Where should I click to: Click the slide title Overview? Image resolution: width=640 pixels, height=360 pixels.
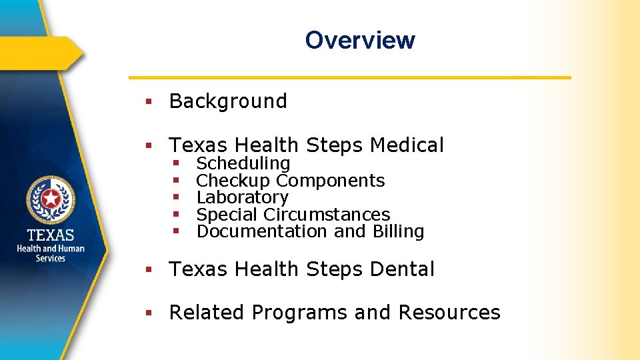pos(360,40)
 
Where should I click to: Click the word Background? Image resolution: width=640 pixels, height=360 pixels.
pos(228,101)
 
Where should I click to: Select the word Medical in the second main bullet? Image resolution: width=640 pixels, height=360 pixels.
pos(407,145)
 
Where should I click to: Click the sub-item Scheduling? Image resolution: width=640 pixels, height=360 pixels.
pos(243,163)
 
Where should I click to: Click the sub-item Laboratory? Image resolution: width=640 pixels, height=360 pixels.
pos(242,197)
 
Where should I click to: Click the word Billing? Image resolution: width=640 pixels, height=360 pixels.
pos(398,231)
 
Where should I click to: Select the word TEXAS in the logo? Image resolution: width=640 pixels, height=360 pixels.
pos(51,235)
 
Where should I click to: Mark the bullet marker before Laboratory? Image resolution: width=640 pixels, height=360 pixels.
pos(176,198)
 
